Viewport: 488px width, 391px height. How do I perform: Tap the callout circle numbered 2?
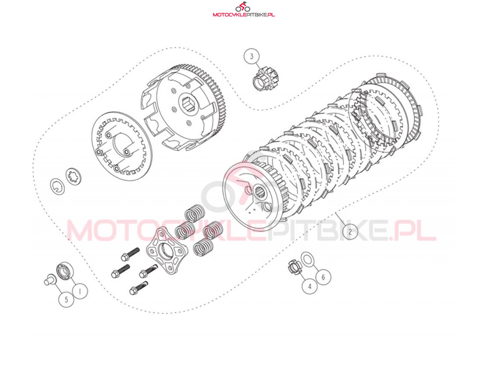(x=350, y=232)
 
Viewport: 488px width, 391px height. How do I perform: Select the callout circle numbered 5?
(x=66, y=299)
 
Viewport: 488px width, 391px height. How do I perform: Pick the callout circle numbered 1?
(x=80, y=291)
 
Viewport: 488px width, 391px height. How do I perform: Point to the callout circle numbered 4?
(x=309, y=286)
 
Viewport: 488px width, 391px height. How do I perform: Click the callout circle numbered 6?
(x=323, y=277)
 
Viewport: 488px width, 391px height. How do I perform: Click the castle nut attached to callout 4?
(x=294, y=268)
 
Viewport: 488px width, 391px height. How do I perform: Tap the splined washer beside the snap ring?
(x=73, y=177)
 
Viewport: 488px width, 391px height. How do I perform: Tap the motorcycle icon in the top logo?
(x=243, y=7)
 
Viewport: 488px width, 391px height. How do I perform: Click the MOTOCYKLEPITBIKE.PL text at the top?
(x=244, y=15)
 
